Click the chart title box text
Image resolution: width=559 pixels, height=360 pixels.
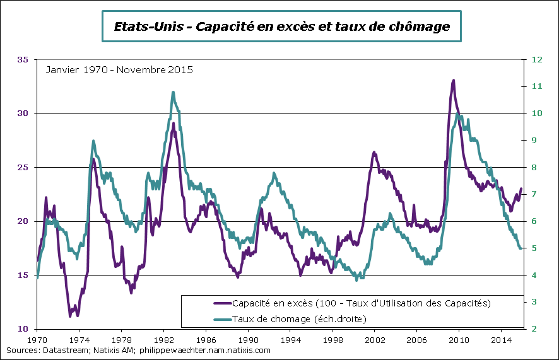point(281,26)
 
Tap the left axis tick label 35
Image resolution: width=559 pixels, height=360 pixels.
point(23,60)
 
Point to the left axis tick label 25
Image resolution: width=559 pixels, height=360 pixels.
point(23,168)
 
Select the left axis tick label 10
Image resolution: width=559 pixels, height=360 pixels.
point(23,329)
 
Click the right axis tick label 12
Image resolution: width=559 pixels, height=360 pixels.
point(538,60)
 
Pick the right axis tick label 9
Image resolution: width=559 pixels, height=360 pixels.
point(535,141)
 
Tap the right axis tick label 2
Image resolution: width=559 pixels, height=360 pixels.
point(535,329)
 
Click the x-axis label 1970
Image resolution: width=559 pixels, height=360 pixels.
point(37,339)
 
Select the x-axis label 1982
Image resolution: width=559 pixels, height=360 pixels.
point(163,339)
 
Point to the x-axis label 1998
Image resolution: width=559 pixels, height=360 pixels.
point(332,339)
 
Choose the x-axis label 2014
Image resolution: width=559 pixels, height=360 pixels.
point(501,339)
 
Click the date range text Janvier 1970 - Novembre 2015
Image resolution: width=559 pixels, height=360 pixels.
point(119,70)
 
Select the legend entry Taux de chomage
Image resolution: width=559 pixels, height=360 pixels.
point(300,318)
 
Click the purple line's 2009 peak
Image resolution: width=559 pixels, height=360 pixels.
point(454,81)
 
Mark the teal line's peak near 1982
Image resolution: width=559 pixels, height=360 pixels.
point(173,92)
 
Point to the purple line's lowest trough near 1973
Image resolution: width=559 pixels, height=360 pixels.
point(70,315)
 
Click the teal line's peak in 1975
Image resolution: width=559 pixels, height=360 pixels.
point(93,141)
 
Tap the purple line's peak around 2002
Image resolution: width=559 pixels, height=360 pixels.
point(374,152)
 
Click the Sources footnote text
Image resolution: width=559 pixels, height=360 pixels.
point(138,350)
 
